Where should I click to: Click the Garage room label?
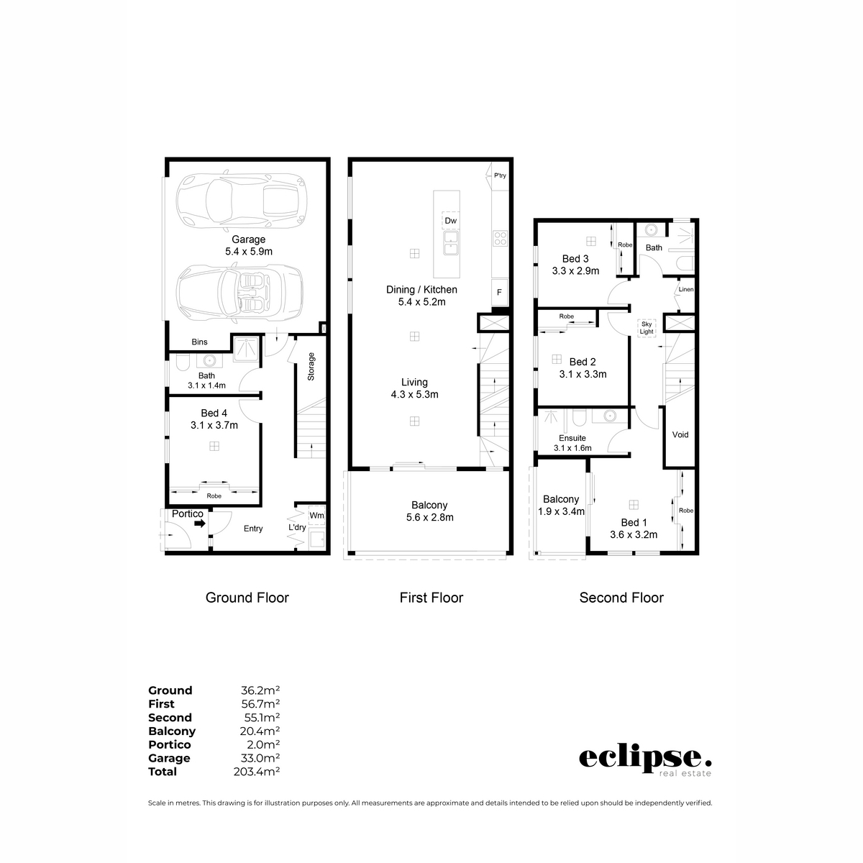[x=248, y=239]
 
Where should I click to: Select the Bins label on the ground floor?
[x=199, y=342]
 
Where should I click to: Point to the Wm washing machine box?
[x=316, y=515]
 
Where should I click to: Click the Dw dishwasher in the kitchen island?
[x=450, y=220]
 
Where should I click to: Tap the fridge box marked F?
[x=499, y=293]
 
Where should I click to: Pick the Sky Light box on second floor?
[x=647, y=328]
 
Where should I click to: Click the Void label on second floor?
[x=680, y=434]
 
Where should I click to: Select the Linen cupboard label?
[x=686, y=290]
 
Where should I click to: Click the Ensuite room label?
[x=572, y=437]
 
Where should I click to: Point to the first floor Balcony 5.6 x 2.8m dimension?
[x=429, y=517]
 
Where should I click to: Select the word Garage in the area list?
[x=169, y=758]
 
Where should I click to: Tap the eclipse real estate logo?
[x=645, y=761]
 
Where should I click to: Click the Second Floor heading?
[x=621, y=598]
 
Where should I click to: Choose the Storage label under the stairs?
[x=311, y=366]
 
